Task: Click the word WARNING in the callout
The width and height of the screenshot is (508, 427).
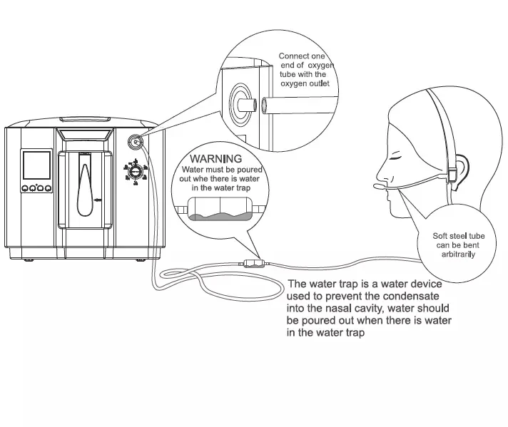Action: (x=216, y=158)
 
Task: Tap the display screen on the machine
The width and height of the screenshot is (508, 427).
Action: (x=37, y=165)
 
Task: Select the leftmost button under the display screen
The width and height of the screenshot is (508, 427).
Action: (x=25, y=189)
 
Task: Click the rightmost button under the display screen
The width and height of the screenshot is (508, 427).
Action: (x=49, y=189)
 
